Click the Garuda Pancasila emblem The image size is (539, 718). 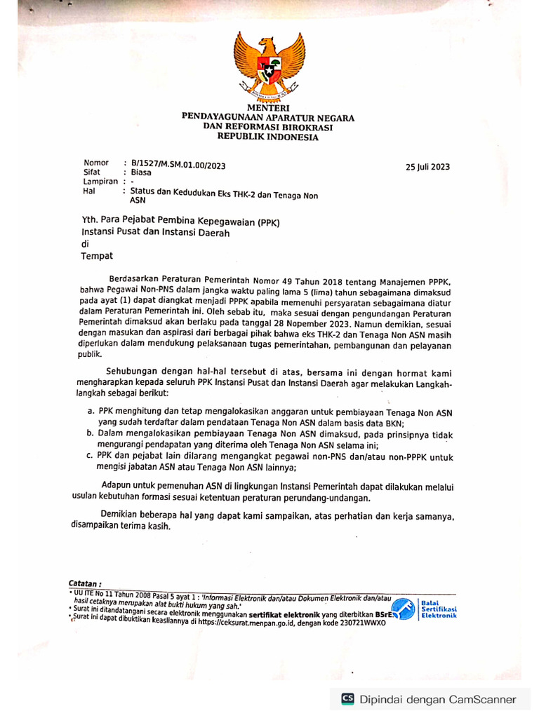pos(269,66)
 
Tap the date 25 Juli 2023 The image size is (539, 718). pos(428,167)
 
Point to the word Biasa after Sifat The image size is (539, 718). pos(140,172)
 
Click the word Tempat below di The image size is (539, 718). pos(96,256)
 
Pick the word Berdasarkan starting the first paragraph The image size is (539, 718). pos(140,280)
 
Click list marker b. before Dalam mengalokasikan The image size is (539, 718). pos(91,434)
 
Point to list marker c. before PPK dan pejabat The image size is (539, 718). pos(91,456)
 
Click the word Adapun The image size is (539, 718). pos(118,485)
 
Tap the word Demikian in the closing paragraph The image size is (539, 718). pos(121,515)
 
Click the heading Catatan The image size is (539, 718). pos(85,583)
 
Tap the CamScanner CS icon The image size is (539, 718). pos(347,699)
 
